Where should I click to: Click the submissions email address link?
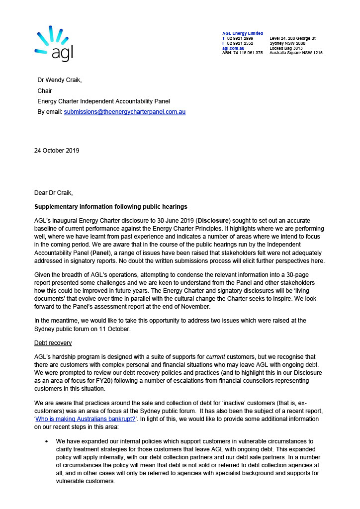[x=125, y=112]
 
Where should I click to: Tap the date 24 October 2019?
[x=57, y=150]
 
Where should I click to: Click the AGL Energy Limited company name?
[x=243, y=33]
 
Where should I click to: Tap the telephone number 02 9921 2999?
[x=240, y=38]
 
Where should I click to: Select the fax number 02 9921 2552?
[x=240, y=43]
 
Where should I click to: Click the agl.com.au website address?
[x=233, y=48]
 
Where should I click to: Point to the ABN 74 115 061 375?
[x=242, y=53]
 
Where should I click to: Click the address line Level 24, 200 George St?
[x=292, y=38]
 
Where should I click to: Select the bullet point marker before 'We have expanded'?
[x=46, y=441]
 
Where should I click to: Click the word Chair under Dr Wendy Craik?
[x=45, y=91]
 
